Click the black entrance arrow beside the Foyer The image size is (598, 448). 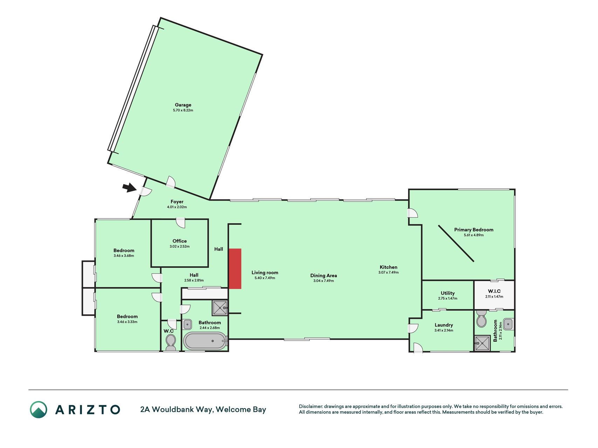point(129,188)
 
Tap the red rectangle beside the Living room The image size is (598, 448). point(235,269)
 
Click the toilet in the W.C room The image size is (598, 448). point(171,342)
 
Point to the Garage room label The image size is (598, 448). point(183,105)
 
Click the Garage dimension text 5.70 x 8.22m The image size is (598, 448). point(183,110)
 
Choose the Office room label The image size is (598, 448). point(180,241)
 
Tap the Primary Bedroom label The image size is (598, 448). point(474,230)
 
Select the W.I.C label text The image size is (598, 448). point(494,291)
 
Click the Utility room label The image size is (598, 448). point(448,293)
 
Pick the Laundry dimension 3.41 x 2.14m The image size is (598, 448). point(444,330)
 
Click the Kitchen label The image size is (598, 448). point(389,267)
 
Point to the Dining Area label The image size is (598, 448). point(324,275)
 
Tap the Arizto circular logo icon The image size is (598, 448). point(39,409)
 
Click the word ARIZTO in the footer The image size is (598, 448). point(88,409)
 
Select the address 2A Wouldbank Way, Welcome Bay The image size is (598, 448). point(203,409)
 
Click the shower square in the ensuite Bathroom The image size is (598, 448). point(482,343)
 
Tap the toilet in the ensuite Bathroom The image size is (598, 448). point(482,318)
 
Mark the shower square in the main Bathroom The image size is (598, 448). point(220,308)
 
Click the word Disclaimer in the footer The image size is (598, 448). point(311,406)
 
